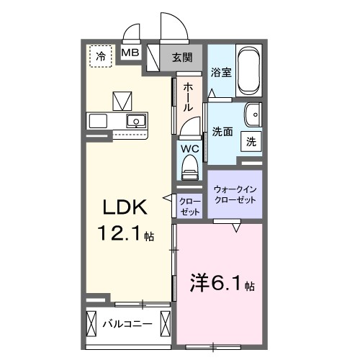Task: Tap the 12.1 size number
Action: click(x=120, y=234)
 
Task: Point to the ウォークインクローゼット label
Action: click(x=235, y=194)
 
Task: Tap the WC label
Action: click(x=189, y=149)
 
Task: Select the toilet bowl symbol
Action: click(x=189, y=169)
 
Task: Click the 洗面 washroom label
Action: click(x=221, y=132)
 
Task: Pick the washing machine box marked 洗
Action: click(x=251, y=142)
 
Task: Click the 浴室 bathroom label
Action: click(x=220, y=73)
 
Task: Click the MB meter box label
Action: click(x=130, y=53)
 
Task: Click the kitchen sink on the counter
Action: click(x=135, y=120)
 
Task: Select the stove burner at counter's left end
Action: click(x=98, y=120)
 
